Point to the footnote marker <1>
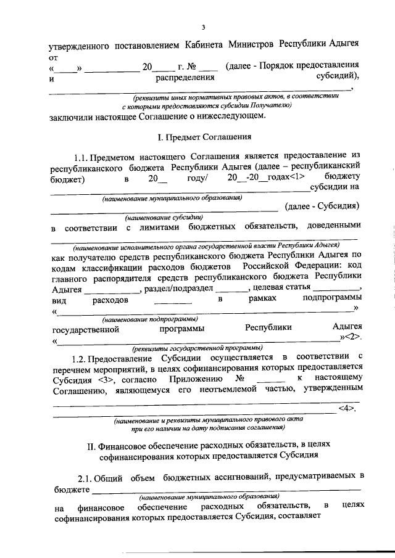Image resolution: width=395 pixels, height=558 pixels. coord(290,178)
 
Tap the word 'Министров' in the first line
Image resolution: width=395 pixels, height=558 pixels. coord(250,45)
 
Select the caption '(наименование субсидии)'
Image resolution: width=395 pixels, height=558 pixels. coord(164,218)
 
